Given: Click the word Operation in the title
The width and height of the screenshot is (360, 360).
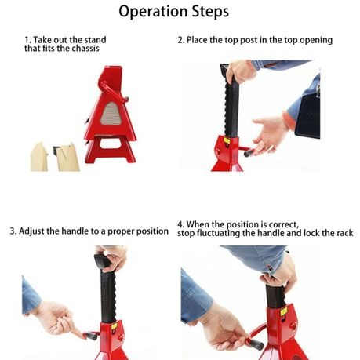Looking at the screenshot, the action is [154, 12].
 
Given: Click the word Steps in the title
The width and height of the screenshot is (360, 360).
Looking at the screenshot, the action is [210, 11].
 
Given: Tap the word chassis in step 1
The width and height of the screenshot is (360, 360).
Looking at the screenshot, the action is [85, 49].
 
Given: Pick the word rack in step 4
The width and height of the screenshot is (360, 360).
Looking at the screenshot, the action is [344, 233].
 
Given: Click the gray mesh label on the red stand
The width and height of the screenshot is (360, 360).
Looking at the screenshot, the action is [111, 114].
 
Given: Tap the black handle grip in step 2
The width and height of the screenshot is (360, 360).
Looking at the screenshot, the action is [249, 153].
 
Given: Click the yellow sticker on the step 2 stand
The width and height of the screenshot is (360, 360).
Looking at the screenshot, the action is [227, 140].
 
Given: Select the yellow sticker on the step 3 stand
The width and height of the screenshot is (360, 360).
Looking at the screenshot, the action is [114, 326].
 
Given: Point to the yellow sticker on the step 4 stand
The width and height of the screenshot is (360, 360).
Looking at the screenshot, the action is [284, 312].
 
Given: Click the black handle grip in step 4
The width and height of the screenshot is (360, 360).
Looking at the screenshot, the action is [256, 344].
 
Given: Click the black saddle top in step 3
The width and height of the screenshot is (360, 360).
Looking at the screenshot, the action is [101, 260].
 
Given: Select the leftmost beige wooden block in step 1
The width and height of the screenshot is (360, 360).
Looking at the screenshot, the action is [39, 157].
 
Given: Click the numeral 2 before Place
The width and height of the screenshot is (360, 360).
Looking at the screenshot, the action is [180, 40].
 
